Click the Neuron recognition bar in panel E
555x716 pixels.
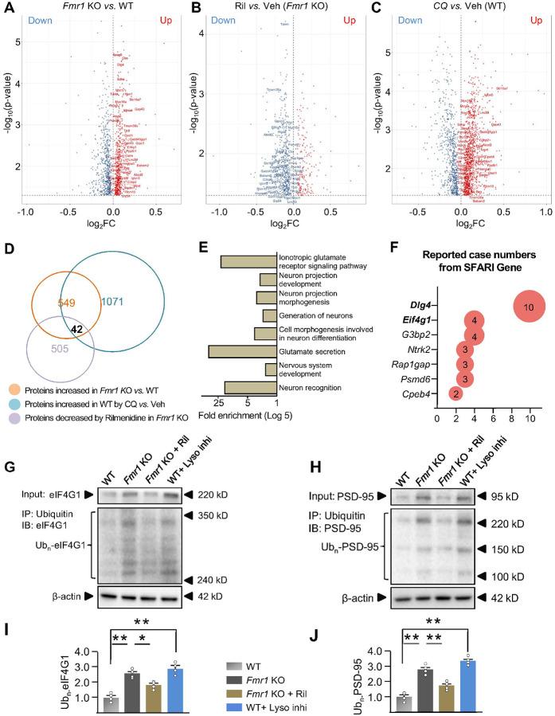point(249,388)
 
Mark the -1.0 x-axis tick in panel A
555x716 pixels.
point(26,212)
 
